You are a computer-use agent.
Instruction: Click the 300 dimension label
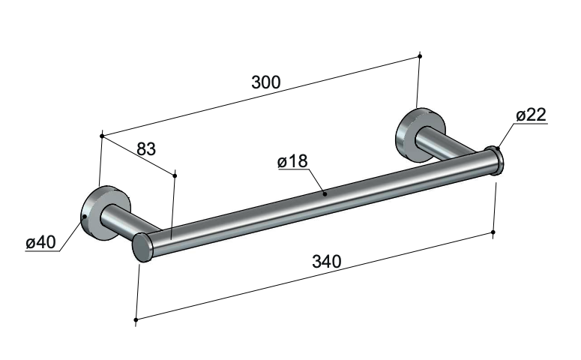[266, 82]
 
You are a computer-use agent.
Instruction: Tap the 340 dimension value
[326, 262]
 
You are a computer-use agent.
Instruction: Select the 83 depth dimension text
[146, 149]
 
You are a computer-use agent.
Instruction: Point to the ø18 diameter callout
[292, 161]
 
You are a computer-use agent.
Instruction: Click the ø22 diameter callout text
[531, 115]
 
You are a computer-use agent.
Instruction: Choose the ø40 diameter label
[40, 242]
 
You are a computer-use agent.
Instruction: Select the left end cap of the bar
[142, 247]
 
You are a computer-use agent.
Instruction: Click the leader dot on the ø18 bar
[325, 193]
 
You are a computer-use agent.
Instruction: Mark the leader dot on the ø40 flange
[85, 217]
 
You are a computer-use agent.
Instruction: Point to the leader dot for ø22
[498, 148]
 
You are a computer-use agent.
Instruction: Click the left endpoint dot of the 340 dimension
[136, 319]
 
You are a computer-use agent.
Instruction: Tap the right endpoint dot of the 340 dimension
[493, 232]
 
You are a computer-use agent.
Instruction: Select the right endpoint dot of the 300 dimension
[420, 56]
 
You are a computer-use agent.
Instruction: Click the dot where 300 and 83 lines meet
[102, 136]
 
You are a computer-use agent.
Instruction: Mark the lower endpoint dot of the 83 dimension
[175, 175]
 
